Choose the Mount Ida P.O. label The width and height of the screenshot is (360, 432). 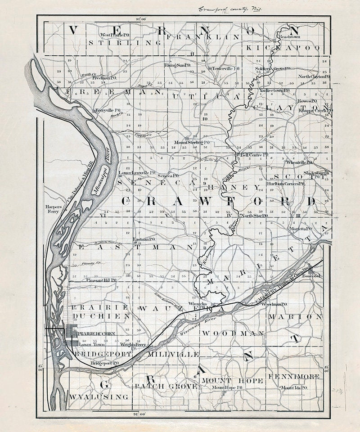click(x=294, y=387)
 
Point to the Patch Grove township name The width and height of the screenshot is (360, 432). click(x=166, y=387)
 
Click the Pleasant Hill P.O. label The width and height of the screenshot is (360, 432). click(x=101, y=280)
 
